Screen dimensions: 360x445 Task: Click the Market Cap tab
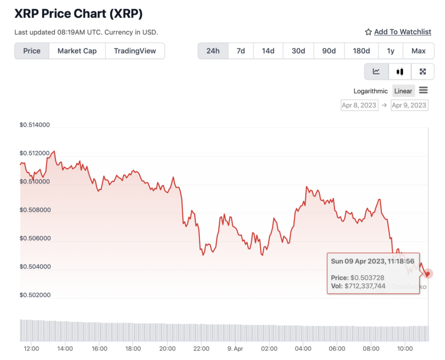[77, 51]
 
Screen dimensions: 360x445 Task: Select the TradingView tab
[135, 51]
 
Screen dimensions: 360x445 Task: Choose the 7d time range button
[241, 51]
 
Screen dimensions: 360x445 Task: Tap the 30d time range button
[298, 51]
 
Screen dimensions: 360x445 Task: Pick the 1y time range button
[391, 51]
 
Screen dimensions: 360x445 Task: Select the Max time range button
[418, 51]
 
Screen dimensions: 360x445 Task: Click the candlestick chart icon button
[400, 72]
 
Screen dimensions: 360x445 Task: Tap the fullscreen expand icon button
[422, 72]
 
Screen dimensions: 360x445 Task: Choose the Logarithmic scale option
[371, 91]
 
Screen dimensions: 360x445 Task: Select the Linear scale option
[403, 91]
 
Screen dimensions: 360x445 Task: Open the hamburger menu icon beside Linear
[424, 91]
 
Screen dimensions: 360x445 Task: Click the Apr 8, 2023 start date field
[359, 105]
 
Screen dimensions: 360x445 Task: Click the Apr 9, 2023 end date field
[409, 105]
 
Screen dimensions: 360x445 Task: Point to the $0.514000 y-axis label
[35, 125]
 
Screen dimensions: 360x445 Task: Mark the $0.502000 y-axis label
[35, 295]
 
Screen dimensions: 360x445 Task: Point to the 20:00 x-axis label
[167, 348]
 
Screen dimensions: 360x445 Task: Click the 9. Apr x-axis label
[235, 348]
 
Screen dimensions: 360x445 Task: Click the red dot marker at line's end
[428, 274]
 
